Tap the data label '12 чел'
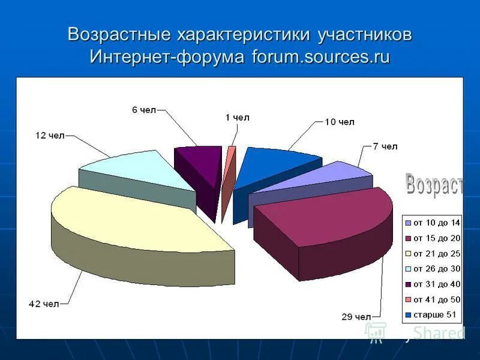coord(49,136)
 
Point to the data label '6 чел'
coord(143,110)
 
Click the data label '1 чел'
coord(237,118)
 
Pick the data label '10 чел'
coord(340,122)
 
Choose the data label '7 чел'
coord(385,146)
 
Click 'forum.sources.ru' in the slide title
coord(321,57)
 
